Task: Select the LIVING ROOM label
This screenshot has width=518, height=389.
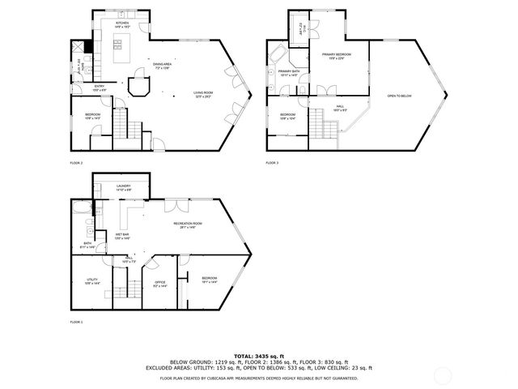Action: point(203,94)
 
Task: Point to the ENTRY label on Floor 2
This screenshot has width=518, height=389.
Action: point(100,87)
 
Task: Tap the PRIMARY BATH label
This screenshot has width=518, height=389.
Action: point(289,73)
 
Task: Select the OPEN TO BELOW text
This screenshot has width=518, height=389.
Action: point(401,95)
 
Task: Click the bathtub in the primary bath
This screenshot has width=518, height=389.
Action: point(278,56)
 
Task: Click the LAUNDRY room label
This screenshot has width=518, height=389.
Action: point(124,188)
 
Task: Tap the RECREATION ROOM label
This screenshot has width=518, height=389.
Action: point(188,225)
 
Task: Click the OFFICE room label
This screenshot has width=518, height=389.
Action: point(159,284)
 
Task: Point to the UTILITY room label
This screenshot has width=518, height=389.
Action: point(91,282)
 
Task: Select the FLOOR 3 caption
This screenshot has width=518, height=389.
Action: point(272,163)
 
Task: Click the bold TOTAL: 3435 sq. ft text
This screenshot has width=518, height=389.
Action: point(259,356)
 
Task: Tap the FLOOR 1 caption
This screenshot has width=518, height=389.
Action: point(76,322)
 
